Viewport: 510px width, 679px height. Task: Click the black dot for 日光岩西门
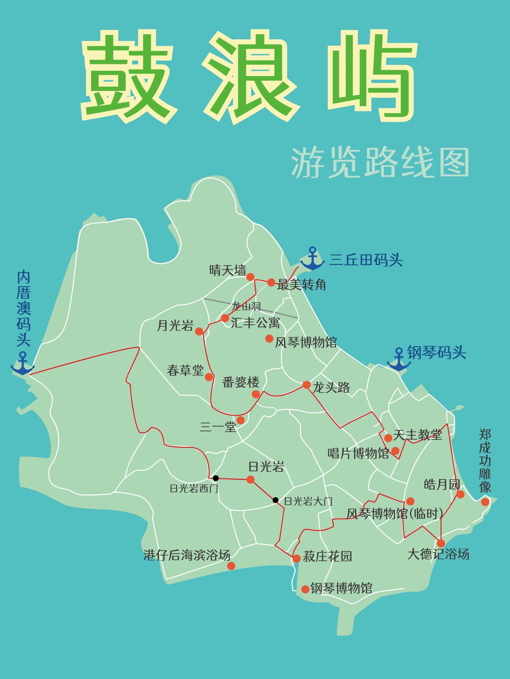coord(216,478)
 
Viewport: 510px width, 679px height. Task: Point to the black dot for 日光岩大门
coord(275,500)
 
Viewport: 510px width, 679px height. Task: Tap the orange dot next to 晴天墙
coord(250,277)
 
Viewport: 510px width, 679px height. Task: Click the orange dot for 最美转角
coord(271,282)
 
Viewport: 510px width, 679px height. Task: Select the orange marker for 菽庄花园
coord(296,558)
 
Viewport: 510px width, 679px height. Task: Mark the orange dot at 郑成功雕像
coord(485,502)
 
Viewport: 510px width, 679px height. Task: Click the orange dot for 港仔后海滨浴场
coord(231,566)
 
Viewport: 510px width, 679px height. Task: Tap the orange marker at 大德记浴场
coord(441,543)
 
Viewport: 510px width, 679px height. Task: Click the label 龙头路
coord(331,388)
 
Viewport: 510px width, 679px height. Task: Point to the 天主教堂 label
coord(418,435)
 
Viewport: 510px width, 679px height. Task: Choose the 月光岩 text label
coord(175,325)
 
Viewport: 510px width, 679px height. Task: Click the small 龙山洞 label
coord(246,306)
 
